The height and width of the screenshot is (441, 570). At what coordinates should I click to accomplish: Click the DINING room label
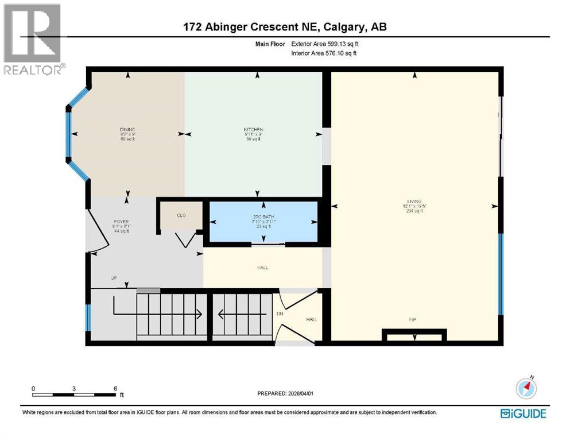tap(127, 129)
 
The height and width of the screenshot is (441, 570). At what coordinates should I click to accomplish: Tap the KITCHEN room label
tap(253, 129)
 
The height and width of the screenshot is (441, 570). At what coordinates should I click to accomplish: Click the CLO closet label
tap(180, 215)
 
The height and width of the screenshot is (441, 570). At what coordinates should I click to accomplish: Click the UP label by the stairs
tap(114, 278)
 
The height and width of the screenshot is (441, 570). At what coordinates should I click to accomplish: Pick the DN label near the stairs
tap(280, 314)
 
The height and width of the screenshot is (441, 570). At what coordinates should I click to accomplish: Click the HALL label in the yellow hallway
tap(262, 268)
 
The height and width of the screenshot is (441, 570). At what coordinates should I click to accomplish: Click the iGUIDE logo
tap(523, 413)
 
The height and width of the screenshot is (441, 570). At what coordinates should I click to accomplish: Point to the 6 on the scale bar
tap(115, 388)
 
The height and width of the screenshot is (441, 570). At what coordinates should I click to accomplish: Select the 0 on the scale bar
tap(33, 388)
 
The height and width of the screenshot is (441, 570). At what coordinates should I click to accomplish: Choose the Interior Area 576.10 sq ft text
tap(324, 53)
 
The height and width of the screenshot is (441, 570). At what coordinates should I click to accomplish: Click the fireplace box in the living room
tap(414, 334)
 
